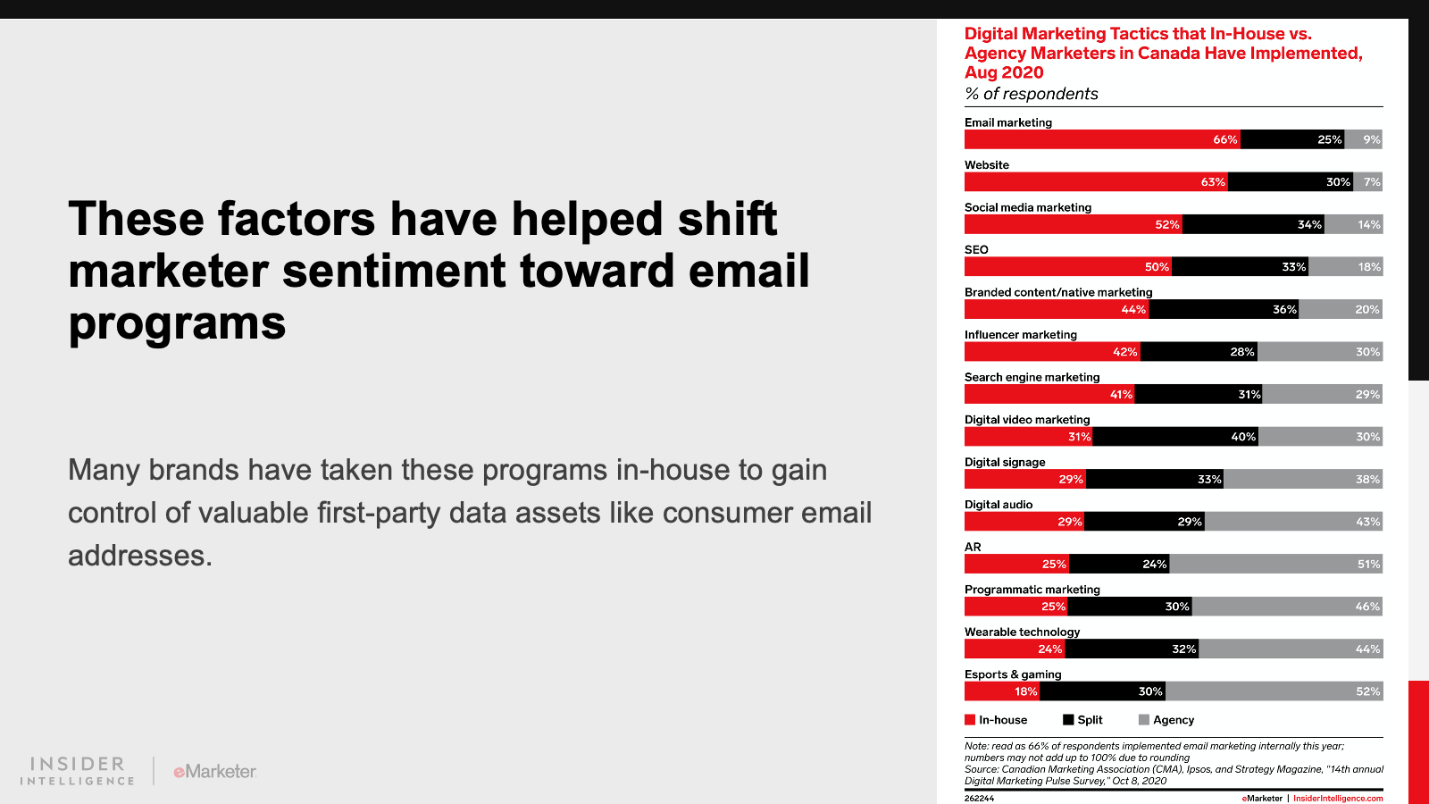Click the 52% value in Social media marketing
click(x=1166, y=225)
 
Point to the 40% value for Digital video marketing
click(x=1243, y=437)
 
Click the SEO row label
click(x=976, y=250)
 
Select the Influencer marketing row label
click(x=1021, y=335)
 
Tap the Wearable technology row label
click(x=1022, y=632)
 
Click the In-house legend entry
click(x=996, y=720)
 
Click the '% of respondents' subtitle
click(x=1031, y=94)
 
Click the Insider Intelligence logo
click(x=78, y=771)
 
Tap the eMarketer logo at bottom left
click(x=215, y=771)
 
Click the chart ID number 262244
click(x=979, y=799)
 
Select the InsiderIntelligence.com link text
click(x=1338, y=799)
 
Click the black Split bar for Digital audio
click(x=1144, y=522)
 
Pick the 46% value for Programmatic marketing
click(x=1367, y=607)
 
